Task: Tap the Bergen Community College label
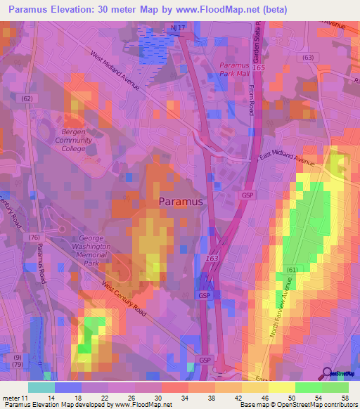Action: coord(74,141)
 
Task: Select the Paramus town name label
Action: coord(181,201)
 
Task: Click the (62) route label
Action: coord(27,99)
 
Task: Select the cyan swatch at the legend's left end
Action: coord(41,387)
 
